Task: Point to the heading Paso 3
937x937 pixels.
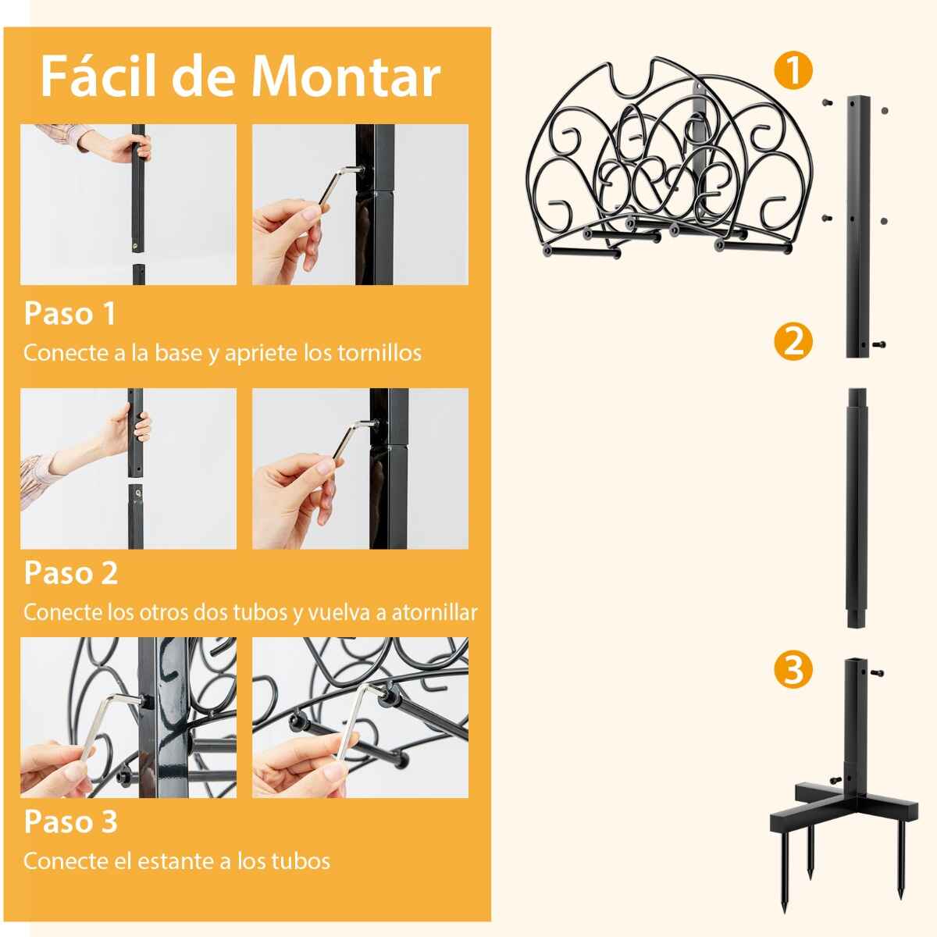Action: (71, 821)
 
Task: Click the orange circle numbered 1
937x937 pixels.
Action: (793, 71)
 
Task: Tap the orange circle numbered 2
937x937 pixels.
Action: (793, 342)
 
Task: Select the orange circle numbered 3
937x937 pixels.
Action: (793, 671)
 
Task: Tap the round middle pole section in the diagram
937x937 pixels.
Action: (857, 508)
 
